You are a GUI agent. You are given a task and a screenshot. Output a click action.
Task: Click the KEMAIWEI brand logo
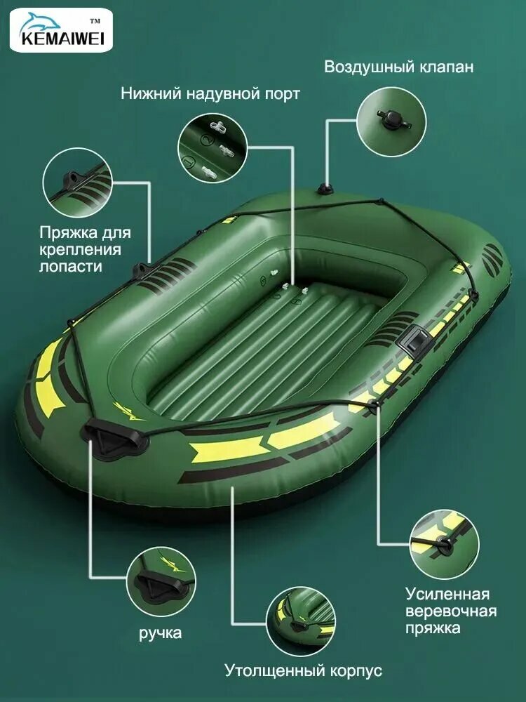coord(61,29)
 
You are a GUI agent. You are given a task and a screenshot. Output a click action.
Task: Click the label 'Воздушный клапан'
coord(398,67)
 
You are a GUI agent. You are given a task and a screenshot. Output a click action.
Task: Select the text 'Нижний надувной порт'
coord(210,93)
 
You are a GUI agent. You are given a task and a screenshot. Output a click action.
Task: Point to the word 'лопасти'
coord(71,266)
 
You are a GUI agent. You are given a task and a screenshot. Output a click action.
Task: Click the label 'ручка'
coord(160,633)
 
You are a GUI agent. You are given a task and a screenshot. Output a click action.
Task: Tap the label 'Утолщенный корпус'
coord(303,670)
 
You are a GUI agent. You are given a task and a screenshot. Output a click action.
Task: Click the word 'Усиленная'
coord(447,594)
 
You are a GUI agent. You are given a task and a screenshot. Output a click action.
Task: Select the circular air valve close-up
coord(392,121)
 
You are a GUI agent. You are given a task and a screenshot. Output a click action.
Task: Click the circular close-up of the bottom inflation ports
coord(213,147)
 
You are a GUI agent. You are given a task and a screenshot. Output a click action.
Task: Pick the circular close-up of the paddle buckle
coord(78,183)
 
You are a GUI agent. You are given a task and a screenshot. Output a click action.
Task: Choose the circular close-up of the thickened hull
coord(301,622)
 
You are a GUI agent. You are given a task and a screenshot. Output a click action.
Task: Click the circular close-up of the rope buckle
coord(445,544)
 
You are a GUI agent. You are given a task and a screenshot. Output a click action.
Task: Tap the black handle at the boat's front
coord(114,437)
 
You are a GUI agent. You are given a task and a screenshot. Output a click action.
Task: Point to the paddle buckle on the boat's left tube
coord(142,270)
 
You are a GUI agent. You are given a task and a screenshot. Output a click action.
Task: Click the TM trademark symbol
coord(95,20)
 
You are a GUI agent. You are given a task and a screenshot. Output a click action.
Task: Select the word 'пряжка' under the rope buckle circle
coord(433,628)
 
